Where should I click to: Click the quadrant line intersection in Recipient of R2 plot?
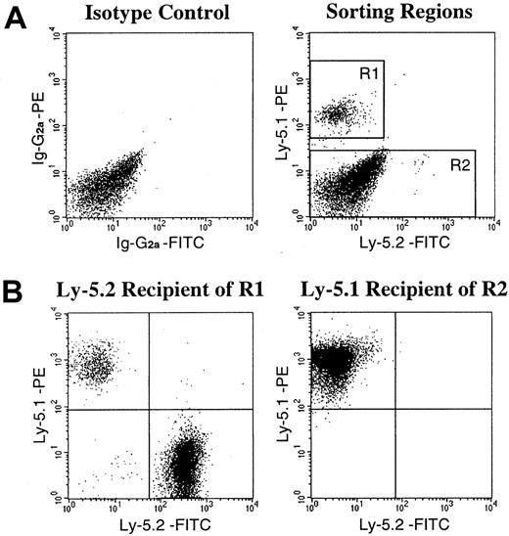[x=395, y=409]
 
